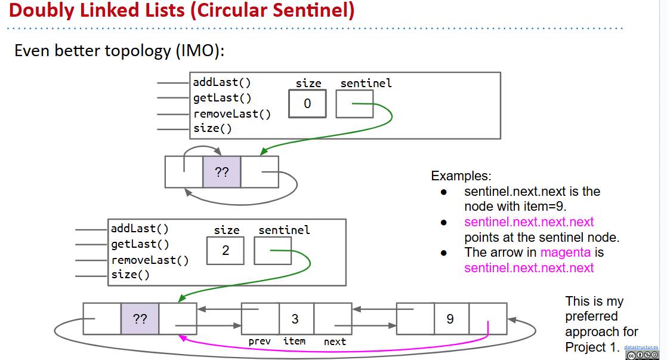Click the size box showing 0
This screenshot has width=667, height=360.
pyautogui.click(x=307, y=104)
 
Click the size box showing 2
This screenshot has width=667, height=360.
pyautogui.click(x=226, y=251)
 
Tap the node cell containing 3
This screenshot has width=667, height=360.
pyautogui.click(x=295, y=319)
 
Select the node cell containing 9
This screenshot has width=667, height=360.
pyautogui.click(x=450, y=319)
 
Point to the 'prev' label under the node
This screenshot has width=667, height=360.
pyautogui.click(x=260, y=341)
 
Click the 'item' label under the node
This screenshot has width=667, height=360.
pyautogui.click(x=294, y=341)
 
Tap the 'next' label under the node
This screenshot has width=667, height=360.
pyautogui.click(x=335, y=341)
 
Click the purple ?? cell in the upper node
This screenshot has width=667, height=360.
pyautogui.click(x=221, y=172)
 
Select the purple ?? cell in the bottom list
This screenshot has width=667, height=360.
pyautogui.click(x=140, y=319)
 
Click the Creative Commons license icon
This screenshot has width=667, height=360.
pyautogui.click(x=646, y=355)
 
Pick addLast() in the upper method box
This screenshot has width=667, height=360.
pyautogui.click(x=221, y=83)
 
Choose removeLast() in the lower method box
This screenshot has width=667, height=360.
pyautogui.click(x=150, y=260)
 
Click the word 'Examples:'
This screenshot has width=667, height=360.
pyautogui.click(x=461, y=176)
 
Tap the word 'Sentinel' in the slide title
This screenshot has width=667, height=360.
pyautogui.click(x=304, y=10)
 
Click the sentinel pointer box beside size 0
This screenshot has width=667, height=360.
pyautogui.click(x=354, y=104)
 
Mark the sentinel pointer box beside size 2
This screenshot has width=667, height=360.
pyautogui.click(x=273, y=251)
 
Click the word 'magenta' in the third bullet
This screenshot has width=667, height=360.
pyautogui.click(x=564, y=253)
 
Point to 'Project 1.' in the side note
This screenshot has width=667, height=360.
pyautogui.click(x=592, y=347)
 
